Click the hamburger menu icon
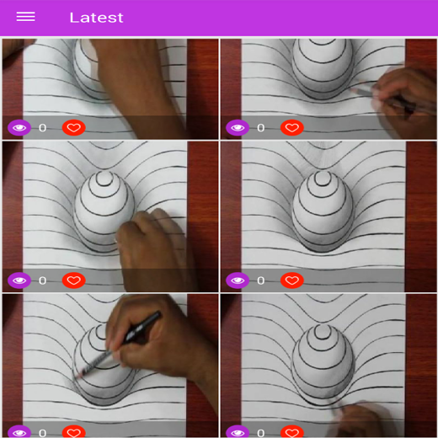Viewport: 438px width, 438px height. (x=25, y=17)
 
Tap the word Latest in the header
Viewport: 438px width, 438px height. (x=96, y=18)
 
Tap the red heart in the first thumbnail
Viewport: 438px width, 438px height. (x=74, y=128)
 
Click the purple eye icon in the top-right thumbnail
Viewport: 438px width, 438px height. (x=238, y=128)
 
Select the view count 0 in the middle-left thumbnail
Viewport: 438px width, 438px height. (x=42, y=280)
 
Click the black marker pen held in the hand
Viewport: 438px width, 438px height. (x=142, y=328)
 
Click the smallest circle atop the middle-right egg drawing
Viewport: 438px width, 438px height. (x=323, y=179)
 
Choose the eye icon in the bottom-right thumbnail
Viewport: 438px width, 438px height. (x=238, y=432)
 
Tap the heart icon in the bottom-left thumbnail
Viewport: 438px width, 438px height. (x=74, y=432)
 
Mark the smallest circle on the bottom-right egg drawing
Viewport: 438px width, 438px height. (x=323, y=331)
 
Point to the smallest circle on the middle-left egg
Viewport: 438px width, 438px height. (x=104, y=179)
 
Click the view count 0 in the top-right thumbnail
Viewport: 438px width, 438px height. (x=261, y=128)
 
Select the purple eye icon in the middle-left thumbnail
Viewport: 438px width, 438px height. (x=19, y=280)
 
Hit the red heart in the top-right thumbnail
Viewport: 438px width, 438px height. (x=292, y=128)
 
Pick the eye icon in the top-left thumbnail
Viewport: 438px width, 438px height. (x=19, y=128)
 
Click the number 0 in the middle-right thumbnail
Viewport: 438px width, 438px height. (x=261, y=280)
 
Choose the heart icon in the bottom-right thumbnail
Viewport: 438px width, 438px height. (x=292, y=432)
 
